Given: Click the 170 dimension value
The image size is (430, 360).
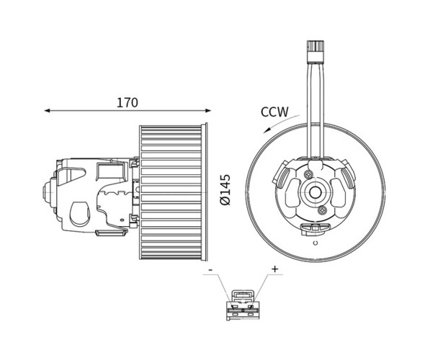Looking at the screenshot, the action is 127,102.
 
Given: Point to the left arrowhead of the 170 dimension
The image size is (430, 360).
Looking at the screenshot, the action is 47,110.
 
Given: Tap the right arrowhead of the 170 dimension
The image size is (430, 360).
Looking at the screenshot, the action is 208,110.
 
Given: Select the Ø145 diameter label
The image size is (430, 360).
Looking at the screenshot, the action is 225,189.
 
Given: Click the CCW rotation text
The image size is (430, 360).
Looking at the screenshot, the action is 274,112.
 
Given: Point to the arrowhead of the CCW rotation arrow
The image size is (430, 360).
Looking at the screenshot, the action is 266,130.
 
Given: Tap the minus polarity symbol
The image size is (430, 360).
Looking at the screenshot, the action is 210,270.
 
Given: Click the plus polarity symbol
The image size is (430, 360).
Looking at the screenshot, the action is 274,269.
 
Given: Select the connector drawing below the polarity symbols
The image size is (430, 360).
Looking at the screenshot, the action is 243,305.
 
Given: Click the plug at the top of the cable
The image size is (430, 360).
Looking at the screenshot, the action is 315,51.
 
